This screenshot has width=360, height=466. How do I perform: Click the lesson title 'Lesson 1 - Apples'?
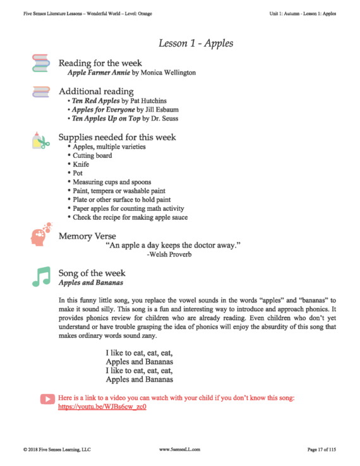[196, 44]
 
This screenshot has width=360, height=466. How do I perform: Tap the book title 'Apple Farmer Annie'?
[98, 73]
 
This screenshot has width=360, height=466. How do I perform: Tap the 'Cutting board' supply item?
[92, 155]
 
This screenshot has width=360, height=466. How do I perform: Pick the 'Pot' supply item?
[78, 173]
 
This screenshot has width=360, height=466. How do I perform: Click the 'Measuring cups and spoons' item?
[109, 182]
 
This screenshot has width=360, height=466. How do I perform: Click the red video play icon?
[47, 399]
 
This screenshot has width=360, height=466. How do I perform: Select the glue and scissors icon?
[40, 141]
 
